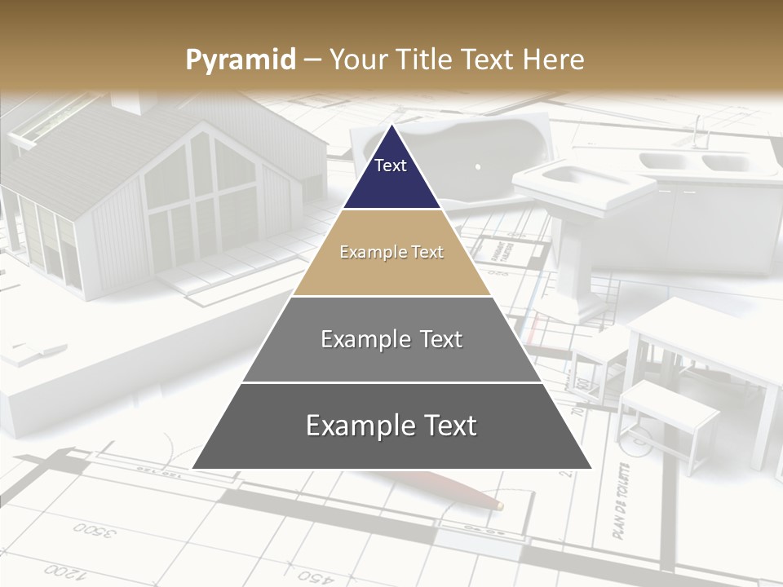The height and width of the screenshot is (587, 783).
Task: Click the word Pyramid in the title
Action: coord(240,60)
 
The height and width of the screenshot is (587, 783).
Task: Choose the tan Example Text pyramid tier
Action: coord(391,253)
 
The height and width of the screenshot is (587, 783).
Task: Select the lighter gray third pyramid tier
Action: coord(391,339)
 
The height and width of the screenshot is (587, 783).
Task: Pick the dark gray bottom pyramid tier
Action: coord(391,426)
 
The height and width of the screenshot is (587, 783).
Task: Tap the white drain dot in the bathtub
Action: coord(478,166)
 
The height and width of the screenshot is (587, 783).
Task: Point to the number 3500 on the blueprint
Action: coord(95,531)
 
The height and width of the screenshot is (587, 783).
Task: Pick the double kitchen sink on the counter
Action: coord(693,161)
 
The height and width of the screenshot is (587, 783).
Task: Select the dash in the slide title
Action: coord(312,60)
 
